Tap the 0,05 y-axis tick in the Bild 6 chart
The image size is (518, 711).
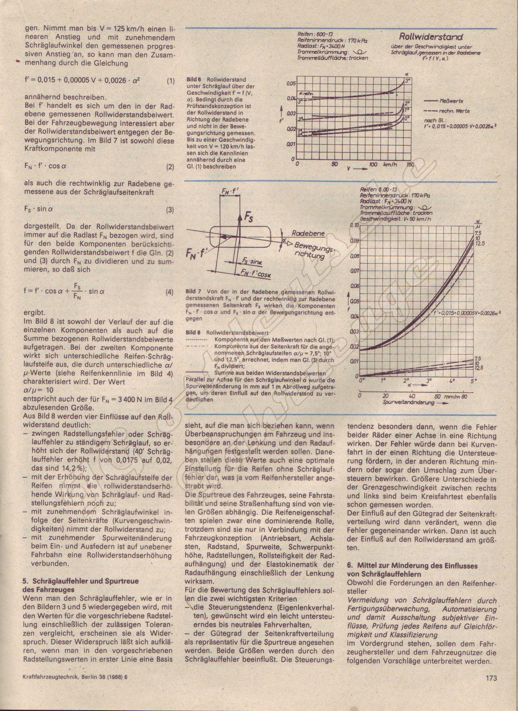(x=291, y=84)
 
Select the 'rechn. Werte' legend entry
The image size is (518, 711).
(x=454, y=111)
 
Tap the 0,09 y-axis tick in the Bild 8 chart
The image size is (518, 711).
(x=353, y=241)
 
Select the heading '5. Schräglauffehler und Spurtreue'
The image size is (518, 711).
(x=80, y=581)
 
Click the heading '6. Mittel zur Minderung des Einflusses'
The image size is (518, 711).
(x=412, y=566)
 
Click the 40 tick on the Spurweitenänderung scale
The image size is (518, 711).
(x=412, y=395)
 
